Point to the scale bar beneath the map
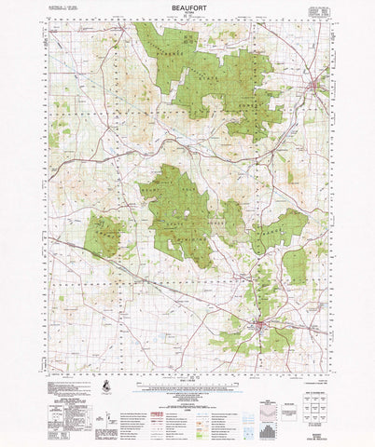pos(187,380)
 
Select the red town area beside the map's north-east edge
pos(314,89)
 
